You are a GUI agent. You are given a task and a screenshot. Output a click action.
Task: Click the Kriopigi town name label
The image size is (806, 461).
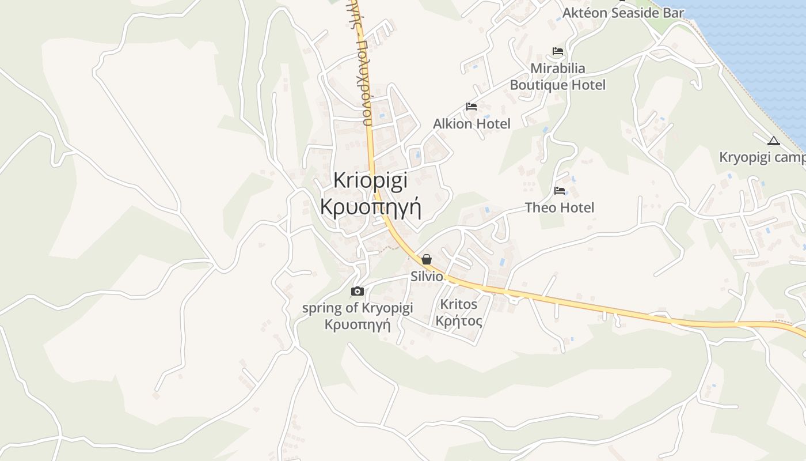coord(370,180)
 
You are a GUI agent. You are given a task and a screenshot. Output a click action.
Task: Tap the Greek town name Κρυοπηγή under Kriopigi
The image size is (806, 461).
coord(370,206)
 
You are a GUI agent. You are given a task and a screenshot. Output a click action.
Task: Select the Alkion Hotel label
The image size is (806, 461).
coord(472,124)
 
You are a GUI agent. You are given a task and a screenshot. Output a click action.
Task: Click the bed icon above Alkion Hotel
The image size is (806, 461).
coord(472,107)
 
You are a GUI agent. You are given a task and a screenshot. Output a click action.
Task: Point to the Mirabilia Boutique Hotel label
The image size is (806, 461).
coord(557,77)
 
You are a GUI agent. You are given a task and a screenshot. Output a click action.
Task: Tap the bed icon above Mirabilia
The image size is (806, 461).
coord(557,51)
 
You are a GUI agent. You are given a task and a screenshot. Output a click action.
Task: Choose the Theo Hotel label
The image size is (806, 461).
coord(560,207)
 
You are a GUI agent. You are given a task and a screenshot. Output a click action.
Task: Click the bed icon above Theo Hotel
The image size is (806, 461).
coord(560,191)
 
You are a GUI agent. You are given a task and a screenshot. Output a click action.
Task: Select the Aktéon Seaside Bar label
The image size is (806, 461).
coord(623,13)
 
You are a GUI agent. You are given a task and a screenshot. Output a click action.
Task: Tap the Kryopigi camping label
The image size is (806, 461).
coord(762,158)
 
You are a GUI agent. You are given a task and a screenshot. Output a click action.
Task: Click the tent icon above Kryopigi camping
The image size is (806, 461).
coord(773,141)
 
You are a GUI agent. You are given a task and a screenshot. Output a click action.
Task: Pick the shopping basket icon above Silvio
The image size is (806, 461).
coord(427,259)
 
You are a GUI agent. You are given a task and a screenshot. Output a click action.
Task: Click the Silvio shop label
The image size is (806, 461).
coord(427,277)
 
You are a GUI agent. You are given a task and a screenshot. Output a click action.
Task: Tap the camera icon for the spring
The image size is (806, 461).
coord(358,291)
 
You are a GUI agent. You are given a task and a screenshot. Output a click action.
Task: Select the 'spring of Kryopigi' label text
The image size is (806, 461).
coord(358,308)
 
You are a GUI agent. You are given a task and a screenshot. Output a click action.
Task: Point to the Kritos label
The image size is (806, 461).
coord(458,304)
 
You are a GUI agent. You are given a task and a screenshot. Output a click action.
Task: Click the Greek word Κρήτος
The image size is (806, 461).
coord(459,321)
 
